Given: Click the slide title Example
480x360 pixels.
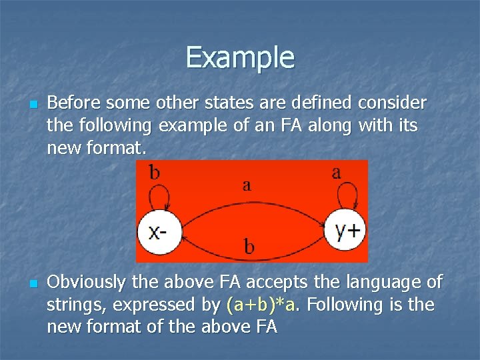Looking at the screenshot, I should [240, 57].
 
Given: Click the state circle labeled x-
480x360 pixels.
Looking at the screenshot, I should [158, 231].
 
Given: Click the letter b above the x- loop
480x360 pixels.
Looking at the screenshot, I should [154, 173].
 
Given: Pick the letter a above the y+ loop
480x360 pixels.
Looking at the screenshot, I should [337, 172].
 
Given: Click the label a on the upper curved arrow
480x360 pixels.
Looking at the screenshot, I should [247, 185].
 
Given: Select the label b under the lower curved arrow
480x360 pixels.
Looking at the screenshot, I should [249, 247].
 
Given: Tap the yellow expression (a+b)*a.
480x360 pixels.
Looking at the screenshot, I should [263, 305].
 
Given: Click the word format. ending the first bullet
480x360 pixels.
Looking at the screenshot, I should [116, 148].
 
